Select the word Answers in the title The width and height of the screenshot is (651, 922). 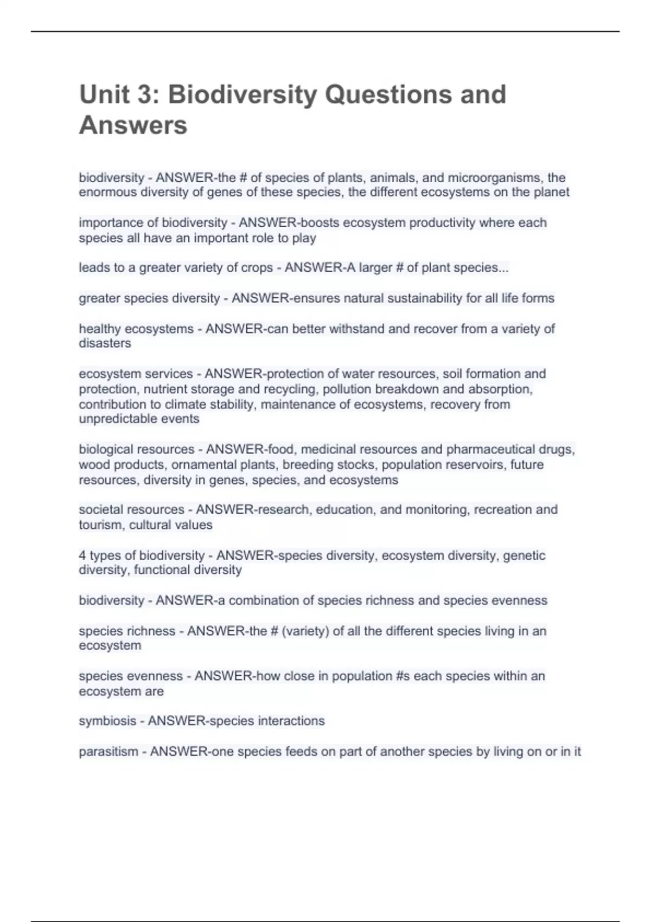[x=133, y=125]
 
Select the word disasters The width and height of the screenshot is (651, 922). [x=105, y=343]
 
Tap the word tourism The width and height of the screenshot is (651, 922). [x=101, y=525]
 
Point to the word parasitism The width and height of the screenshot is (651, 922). [x=108, y=752]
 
